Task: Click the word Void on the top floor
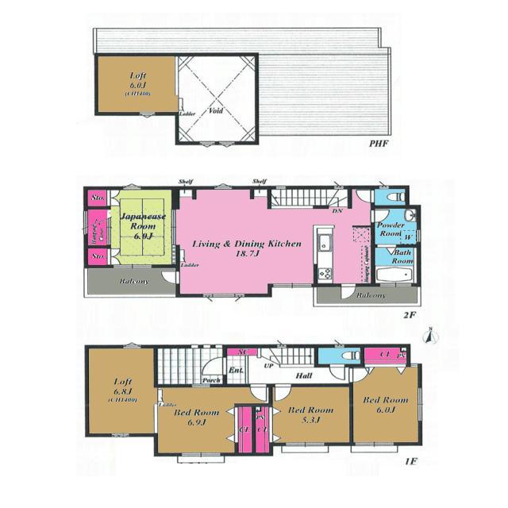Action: click(x=216, y=112)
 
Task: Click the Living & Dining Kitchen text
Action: click(x=247, y=249)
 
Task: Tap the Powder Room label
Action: click(x=391, y=230)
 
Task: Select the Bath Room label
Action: click(x=402, y=256)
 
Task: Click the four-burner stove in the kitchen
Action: click(x=324, y=274)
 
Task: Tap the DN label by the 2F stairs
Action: click(x=337, y=211)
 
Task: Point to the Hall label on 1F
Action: click(x=303, y=375)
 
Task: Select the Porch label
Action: click(x=211, y=379)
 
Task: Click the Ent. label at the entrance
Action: click(x=235, y=370)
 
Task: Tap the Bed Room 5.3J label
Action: click(x=310, y=415)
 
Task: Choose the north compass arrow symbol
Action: click(x=429, y=336)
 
